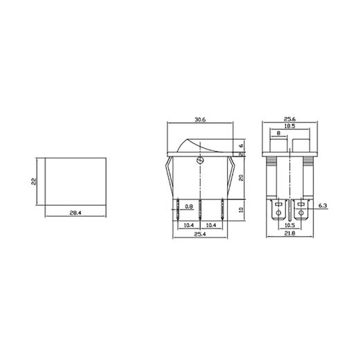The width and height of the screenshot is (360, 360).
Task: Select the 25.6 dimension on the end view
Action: click(x=290, y=118)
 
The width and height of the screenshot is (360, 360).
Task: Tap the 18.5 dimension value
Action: click(x=290, y=127)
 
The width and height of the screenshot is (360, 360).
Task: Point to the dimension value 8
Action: click(x=278, y=134)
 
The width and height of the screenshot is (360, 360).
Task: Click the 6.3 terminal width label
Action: click(x=323, y=206)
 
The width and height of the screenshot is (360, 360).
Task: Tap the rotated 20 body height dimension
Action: click(x=242, y=177)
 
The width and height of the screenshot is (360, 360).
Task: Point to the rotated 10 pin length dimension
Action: click(x=242, y=210)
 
